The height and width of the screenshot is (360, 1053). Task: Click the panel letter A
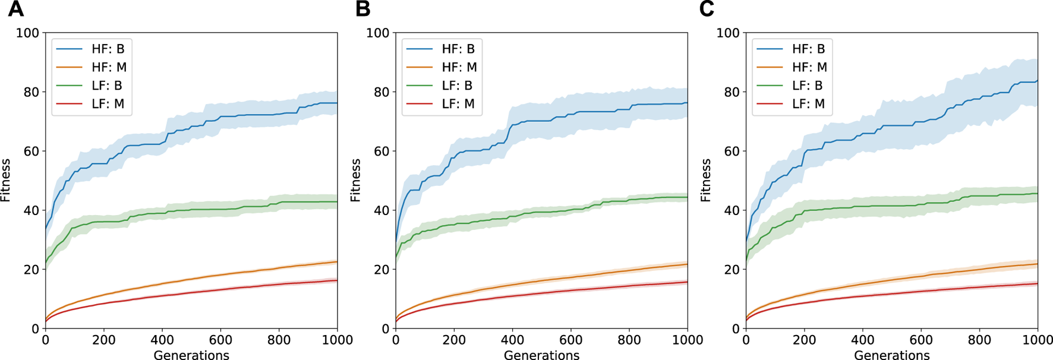click(x=15, y=10)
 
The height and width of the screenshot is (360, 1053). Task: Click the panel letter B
click(x=362, y=10)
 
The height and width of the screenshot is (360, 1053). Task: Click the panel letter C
click(x=707, y=10)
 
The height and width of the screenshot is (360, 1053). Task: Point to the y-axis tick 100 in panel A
click(x=27, y=33)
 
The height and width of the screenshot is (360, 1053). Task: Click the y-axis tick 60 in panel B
click(x=382, y=151)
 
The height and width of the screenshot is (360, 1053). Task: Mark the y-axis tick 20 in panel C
click(x=732, y=270)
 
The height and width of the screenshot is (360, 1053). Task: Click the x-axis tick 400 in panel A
click(x=162, y=340)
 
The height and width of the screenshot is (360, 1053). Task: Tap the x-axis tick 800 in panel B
click(x=629, y=340)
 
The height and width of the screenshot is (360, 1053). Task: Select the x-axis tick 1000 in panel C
click(x=1037, y=340)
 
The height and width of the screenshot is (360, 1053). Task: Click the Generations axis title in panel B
click(x=541, y=355)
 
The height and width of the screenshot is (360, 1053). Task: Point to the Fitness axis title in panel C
click(x=706, y=180)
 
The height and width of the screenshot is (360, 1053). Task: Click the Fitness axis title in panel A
click(x=6, y=180)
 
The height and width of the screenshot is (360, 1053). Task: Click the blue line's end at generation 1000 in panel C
click(x=1038, y=81)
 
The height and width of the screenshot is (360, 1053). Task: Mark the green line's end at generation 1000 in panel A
click(x=337, y=202)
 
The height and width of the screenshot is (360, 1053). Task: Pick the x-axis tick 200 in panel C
click(x=804, y=340)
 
